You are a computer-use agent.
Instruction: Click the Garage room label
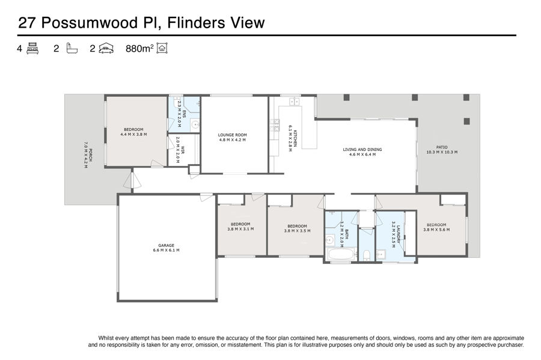tap(167, 248)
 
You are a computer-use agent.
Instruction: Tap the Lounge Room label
tap(232, 137)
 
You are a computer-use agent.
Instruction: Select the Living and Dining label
tap(362, 152)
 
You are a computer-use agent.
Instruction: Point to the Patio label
tap(442, 150)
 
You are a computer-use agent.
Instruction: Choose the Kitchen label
tap(293, 138)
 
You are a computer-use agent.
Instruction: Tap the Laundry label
tap(396, 234)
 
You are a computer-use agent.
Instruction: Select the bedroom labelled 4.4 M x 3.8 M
tap(133, 132)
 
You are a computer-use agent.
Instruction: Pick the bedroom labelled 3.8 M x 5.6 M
tap(436, 227)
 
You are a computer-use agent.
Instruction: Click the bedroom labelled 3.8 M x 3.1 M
tap(240, 226)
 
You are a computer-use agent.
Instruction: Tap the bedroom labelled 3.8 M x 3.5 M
tap(297, 228)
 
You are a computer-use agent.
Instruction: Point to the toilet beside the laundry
tap(367, 255)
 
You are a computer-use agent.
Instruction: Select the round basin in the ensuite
tap(195, 125)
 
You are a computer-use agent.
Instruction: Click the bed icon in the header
tap(32, 48)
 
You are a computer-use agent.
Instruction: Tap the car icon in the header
tap(106, 48)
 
